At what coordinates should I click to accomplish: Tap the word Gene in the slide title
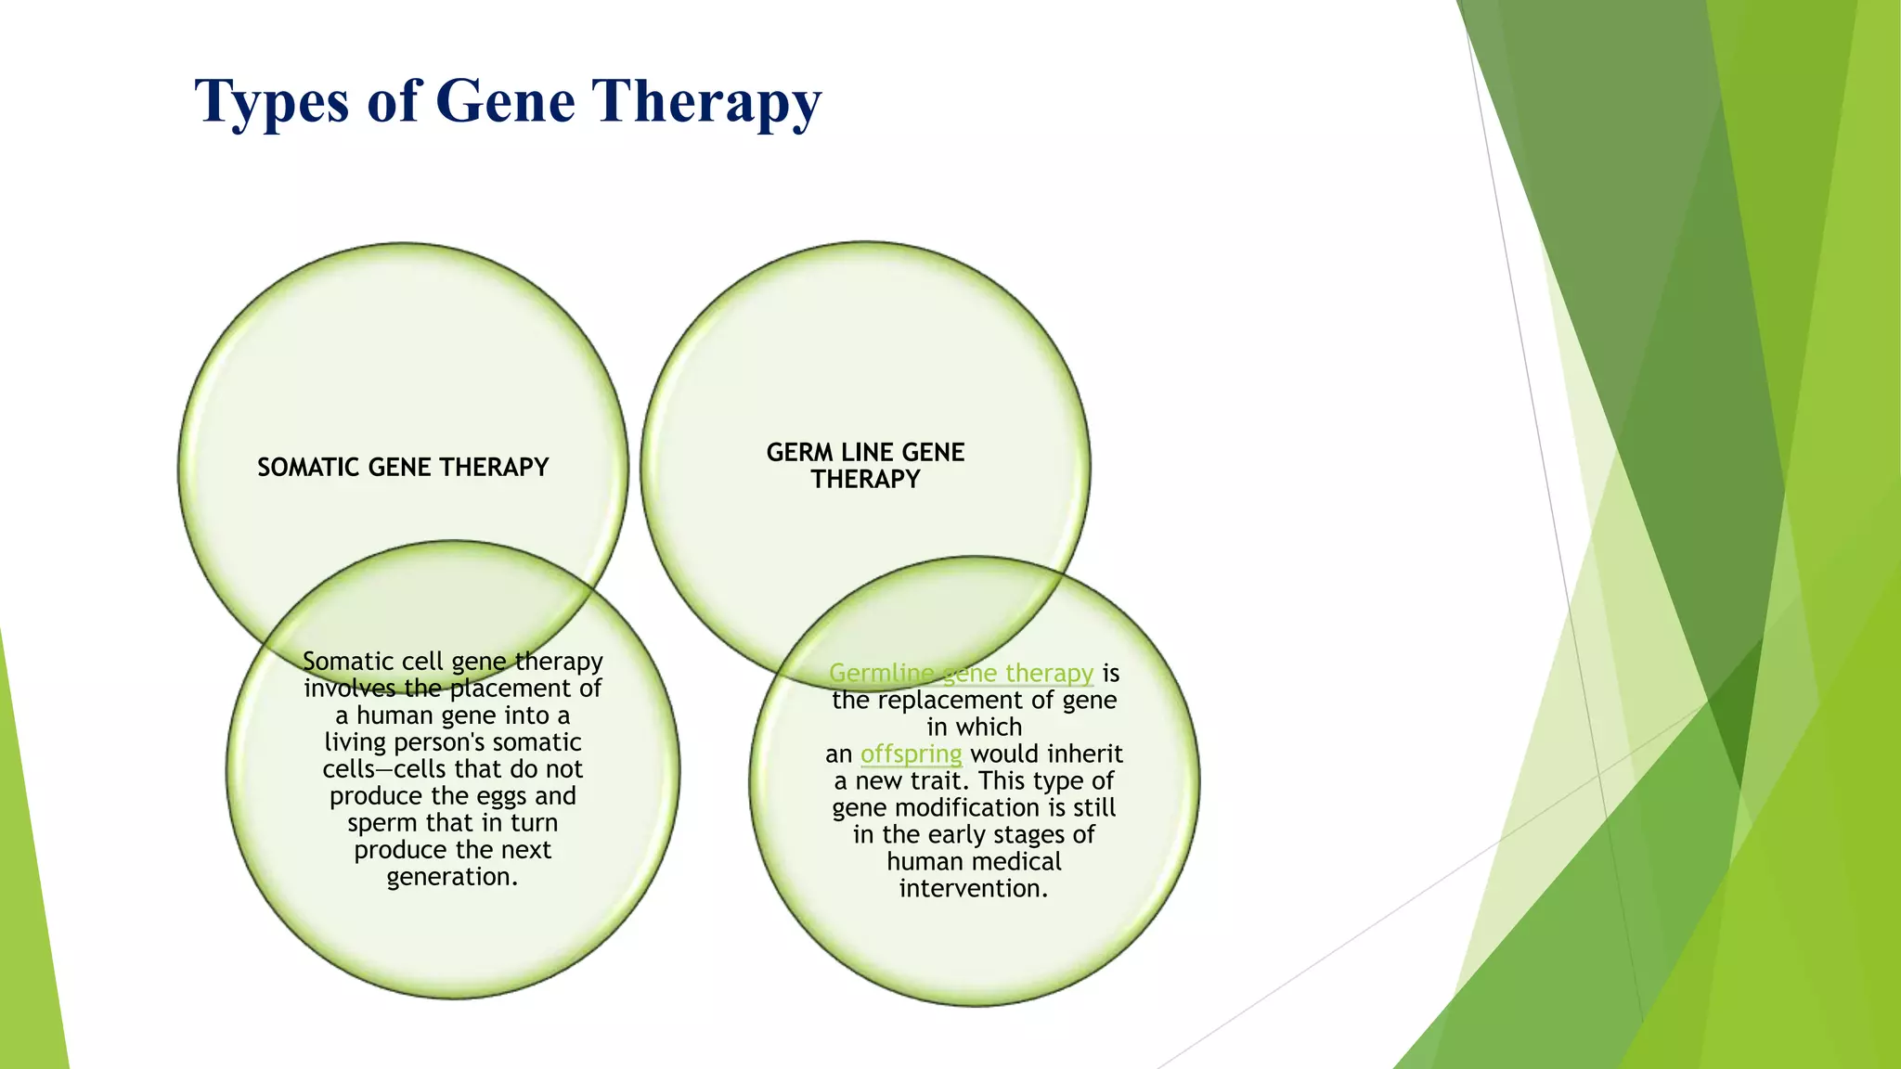(x=504, y=100)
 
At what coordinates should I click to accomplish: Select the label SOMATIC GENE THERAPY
(x=403, y=467)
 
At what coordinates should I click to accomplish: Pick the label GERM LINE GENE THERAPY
(x=865, y=465)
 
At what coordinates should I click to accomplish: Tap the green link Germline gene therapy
(x=961, y=673)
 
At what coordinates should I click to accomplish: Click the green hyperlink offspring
(x=911, y=753)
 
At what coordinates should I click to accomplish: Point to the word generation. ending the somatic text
(x=452, y=877)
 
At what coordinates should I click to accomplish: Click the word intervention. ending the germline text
(x=973, y=889)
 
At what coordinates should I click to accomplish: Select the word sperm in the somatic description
(x=381, y=823)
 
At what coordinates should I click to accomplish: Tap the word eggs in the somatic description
(x=502, y=796)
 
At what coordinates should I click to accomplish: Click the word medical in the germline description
(x=1017, y=861)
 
